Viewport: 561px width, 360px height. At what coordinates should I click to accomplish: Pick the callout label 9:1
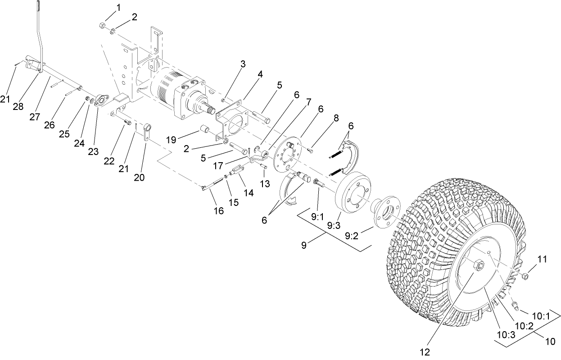(x=317, y=217)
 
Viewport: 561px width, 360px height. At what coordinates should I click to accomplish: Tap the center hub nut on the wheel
(x=478, y=265)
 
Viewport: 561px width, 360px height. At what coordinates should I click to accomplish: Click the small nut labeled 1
(x=102, y=25)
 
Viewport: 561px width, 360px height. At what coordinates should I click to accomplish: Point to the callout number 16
(x=218, y=211)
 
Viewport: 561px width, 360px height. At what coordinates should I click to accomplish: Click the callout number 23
(x=93, y=152)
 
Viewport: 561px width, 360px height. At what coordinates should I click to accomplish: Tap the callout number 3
(x=243, y=64)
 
